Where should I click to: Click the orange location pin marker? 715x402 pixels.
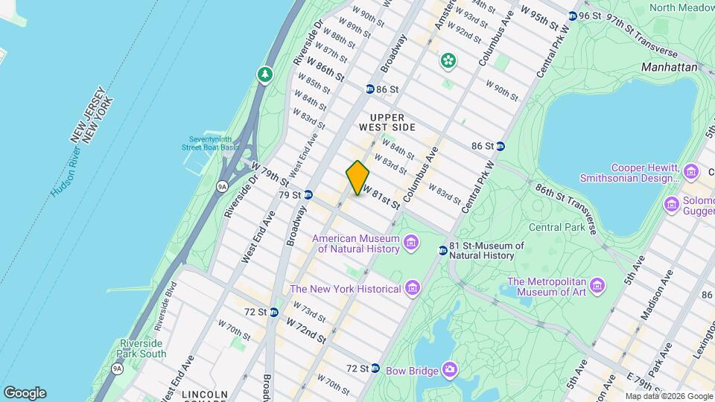pyautogui.click(x=357, y=178)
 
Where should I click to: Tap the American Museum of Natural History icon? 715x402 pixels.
pyautogui.click(x=410, y=243)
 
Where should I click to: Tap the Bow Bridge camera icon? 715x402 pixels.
pyautogui.click(x=450, y=369)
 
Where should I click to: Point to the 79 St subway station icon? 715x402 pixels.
pyautogui.click(x=308, y=195)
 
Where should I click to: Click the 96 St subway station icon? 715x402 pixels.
pyautogui.click(x=572, y=16)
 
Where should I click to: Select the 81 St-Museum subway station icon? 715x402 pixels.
pyautogui.click(x=442, y=250)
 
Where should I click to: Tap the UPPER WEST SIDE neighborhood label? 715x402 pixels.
pyautogui.click(x=387, y=123)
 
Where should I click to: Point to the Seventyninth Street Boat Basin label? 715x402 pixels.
pyautogui.click(x=213, y=143)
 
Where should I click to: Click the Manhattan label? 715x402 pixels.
pyautogui.click(x=670, y=67)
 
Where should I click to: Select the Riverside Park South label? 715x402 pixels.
pyautogui.click(x=142, y=348)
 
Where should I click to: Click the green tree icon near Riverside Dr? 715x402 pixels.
pyautogui.click(x=264, y=74)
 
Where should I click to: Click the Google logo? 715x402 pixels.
pyautogui.click(x=25, y=393)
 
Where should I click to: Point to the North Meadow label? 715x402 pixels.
pyautogui.click(x=681, y=7)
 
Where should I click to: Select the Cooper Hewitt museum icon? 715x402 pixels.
pyautogui.click(x=691, y=172)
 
